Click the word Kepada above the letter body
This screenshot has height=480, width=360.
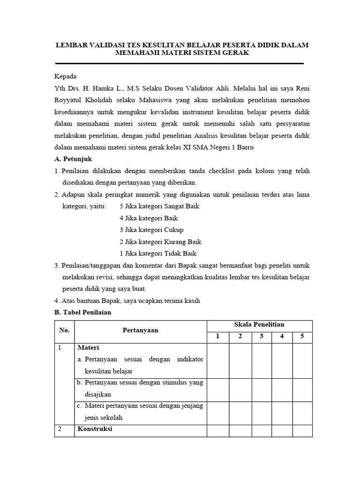[65, 76]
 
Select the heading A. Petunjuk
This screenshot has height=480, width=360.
[74, 159]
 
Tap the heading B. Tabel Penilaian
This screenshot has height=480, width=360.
[82, 312]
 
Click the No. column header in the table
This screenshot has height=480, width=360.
[64, 330]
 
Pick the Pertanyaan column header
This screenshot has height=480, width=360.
[141, 330]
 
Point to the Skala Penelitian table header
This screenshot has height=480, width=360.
[259, 324]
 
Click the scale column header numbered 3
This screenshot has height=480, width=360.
[262, 336]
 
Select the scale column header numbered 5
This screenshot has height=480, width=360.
[302, 336]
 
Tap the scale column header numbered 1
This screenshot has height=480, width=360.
[217, 336]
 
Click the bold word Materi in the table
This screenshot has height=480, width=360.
[88, 348]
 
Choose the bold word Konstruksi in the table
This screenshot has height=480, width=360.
[95, 429]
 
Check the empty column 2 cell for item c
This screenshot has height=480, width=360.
[240, 413]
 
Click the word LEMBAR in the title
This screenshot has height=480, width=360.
[73, 45]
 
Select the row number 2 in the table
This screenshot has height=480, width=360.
[60, 429]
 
